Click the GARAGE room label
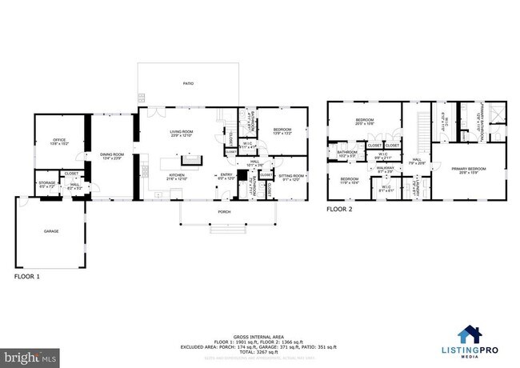click(x=50, y=231)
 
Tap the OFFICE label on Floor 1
click(x=58, y=142)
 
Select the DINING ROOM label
click(x=112, y=156)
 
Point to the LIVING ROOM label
click(x=182, y=134)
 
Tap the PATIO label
click(x=188, y=82)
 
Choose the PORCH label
click(x=224, y=212)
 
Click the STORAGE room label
click(x=46, y=184)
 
